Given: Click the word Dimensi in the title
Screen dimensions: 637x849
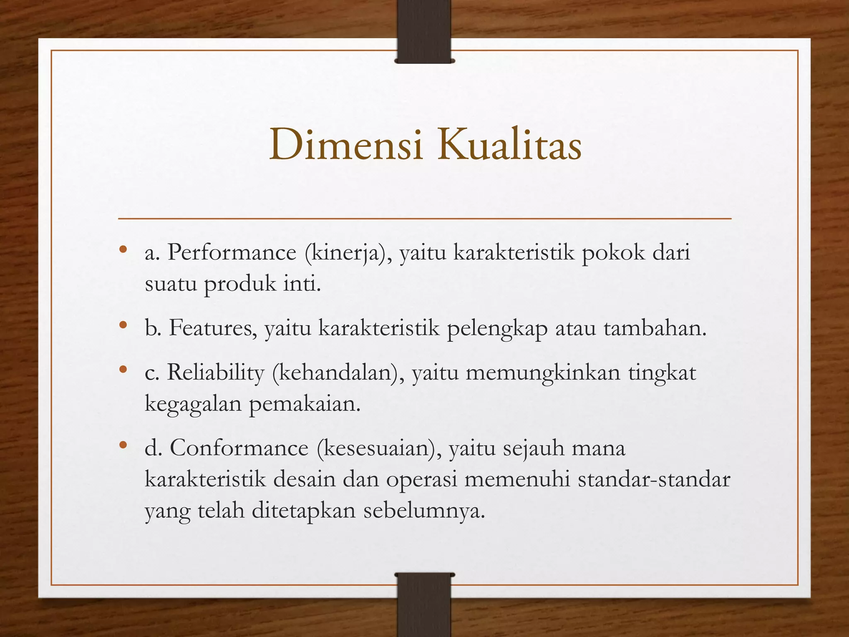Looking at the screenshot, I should [x=346, y=145].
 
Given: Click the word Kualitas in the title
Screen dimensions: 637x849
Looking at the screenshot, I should [x=509, y=145].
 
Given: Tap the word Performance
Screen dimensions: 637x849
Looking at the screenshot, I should [x=232, y=252].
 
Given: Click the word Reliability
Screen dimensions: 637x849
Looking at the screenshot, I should [x=216, y=372].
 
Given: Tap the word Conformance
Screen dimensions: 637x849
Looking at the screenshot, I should [x=239, y=448].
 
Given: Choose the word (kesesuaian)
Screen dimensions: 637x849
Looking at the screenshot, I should [x=379, y=448].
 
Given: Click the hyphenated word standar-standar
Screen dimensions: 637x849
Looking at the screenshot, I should [x=654, y=479].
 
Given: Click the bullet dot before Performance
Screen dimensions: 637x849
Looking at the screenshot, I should [x=122, y=250].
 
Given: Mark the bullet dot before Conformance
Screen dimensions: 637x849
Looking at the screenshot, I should [x=122, y=445].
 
